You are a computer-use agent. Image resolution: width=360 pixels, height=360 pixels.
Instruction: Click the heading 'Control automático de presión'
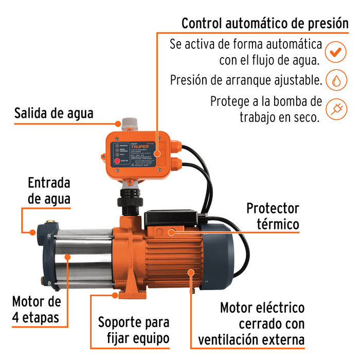coord(264,24)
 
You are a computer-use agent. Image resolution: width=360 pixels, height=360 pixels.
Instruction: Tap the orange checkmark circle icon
coord(335,52)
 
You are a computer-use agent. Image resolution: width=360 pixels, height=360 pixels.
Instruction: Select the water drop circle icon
coord(335,80)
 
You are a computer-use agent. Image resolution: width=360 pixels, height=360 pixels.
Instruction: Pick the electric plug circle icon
coord(335,109)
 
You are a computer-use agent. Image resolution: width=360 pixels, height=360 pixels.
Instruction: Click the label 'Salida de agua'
coord(54,113)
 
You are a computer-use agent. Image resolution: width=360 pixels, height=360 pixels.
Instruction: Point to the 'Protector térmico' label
coord(272,216)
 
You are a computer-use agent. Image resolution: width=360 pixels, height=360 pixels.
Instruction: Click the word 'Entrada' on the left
coord(49,183)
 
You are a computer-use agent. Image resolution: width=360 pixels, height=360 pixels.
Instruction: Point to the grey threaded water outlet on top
coord(128,124)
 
